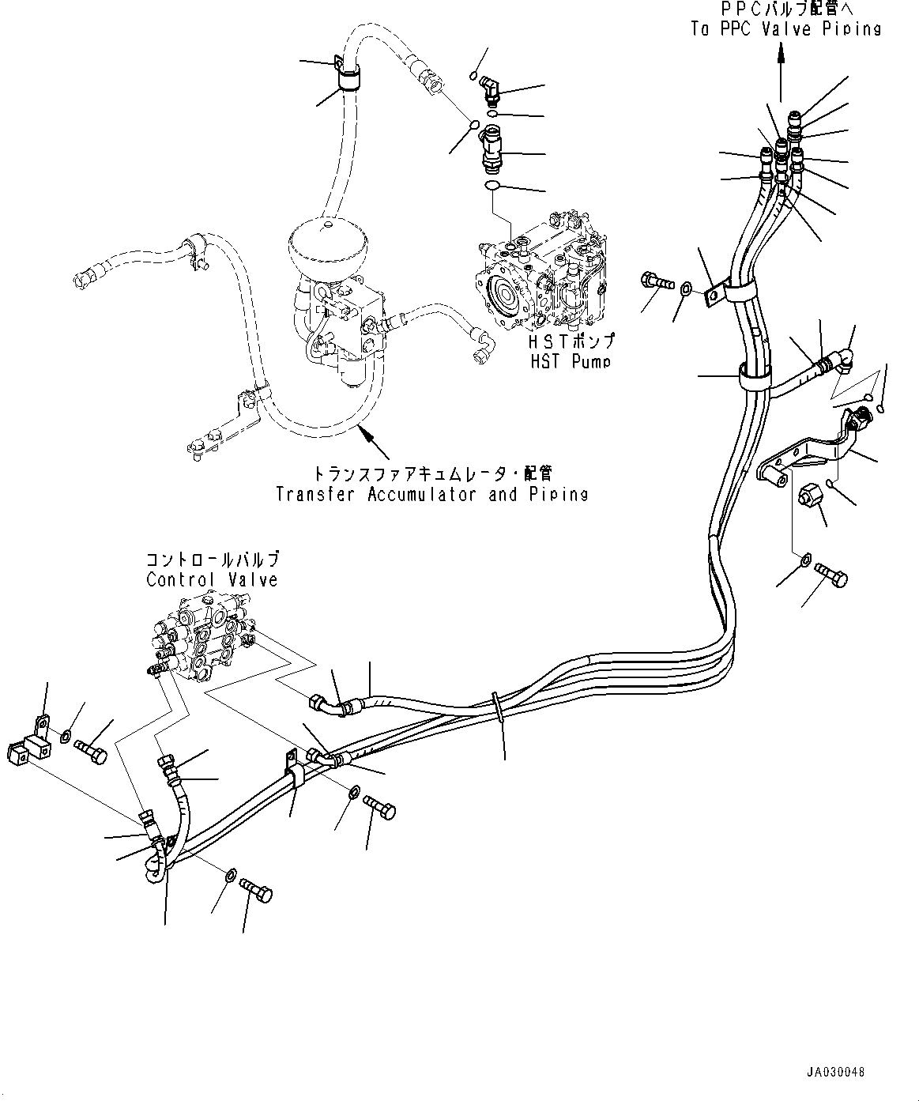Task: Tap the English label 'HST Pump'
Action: point(571,362)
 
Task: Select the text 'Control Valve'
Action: point(212,579)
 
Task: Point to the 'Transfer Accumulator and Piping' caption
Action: point(431,494)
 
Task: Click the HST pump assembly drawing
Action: point(542,272)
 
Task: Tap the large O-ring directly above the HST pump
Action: point(492,185)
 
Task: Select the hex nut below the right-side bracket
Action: point(808,496)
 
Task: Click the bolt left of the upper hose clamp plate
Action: point(657,280)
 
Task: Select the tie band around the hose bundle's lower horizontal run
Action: point(496,707)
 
